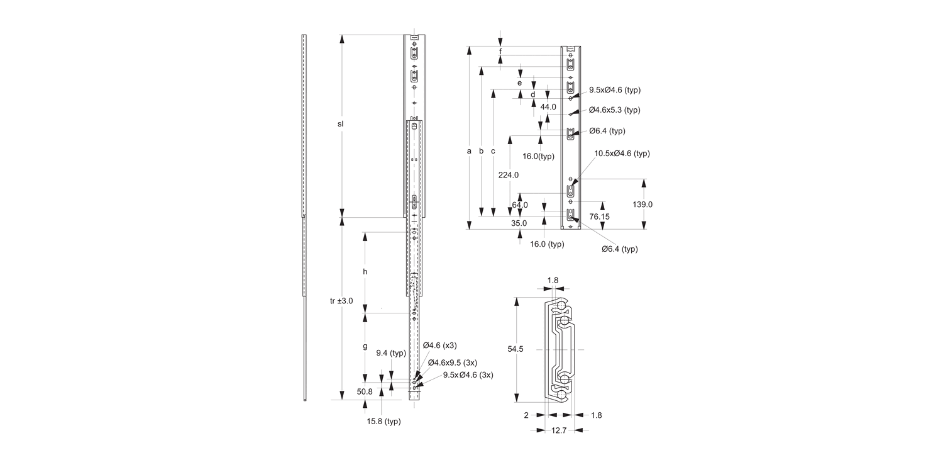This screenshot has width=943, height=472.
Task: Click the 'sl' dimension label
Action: [340, 124]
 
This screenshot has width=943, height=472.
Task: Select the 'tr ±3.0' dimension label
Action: [341, 301]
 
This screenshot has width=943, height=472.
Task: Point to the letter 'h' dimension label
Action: [364, 272]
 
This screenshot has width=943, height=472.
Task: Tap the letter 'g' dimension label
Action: [364, 347]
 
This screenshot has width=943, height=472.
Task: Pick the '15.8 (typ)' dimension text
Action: [383, 421]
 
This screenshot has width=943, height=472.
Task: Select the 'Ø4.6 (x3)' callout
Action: [439, 346]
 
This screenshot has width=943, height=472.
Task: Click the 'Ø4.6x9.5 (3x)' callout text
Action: [452, 362]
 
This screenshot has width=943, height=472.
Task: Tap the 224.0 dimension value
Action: [508, 175]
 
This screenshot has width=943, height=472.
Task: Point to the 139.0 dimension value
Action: [642, 205]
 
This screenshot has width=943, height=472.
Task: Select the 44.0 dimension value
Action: [548, 107]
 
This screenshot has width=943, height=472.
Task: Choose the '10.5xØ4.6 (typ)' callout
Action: [622, 154]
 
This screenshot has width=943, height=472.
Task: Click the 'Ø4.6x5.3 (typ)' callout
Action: [614, 110]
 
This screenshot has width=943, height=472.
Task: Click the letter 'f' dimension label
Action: [500, 51]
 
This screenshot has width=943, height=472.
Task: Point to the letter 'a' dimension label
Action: [469, 151]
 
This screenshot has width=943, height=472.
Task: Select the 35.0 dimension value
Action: [519, 223]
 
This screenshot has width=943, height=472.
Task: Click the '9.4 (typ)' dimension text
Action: [391, 353]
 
